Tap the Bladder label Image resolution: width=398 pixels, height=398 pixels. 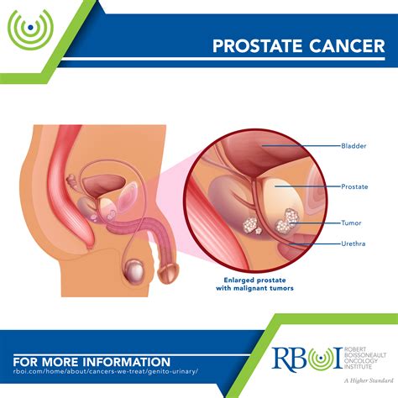pos(353,145)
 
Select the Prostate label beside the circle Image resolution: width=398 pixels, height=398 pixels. pos(355,186)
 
